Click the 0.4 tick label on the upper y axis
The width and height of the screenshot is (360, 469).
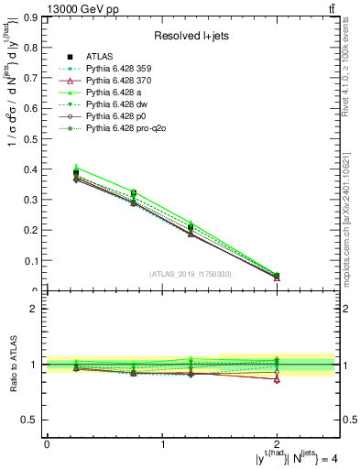tap(34, 169)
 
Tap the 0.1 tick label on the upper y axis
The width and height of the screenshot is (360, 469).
tap(34, 261)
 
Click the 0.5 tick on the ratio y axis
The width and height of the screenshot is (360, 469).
tap(34, 420)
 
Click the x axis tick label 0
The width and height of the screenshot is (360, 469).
tap(47, 444)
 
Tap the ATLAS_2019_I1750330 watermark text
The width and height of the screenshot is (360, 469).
tap(190, 274)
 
